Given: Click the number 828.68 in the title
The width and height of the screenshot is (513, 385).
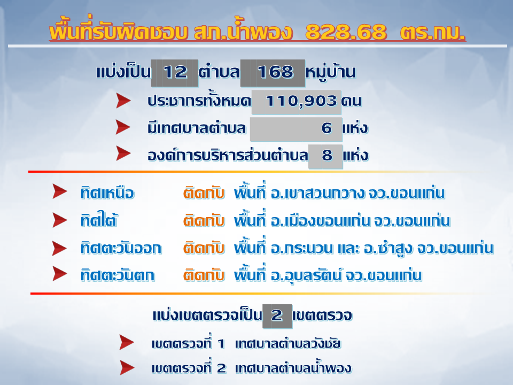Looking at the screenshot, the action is (346, 32).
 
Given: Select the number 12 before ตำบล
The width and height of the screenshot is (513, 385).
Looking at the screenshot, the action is (175, 72).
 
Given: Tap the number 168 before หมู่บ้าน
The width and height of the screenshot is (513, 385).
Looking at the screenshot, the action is (275, 72).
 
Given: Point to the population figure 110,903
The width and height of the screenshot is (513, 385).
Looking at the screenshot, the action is (301, 101).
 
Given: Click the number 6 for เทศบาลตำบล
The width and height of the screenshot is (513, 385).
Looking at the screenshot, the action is (327, 128).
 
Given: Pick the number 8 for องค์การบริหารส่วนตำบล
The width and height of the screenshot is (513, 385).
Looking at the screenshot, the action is (327, 155).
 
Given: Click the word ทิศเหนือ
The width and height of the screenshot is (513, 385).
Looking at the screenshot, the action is (107, 193).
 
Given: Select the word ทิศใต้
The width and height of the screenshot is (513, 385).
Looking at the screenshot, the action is (99, 220).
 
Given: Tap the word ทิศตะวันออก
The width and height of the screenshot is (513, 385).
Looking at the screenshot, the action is (121, 248).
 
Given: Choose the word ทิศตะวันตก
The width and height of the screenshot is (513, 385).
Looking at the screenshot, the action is (118, 275).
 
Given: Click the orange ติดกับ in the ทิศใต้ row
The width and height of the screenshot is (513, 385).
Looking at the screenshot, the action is (204, 220).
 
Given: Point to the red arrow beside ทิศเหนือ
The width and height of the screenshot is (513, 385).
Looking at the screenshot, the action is (60, 191).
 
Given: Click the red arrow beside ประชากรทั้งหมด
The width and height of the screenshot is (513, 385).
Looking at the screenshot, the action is (123, 101).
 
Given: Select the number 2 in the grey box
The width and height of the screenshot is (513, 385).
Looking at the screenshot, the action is (277, 315).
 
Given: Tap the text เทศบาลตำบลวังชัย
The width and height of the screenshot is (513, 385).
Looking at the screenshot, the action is (288, 344).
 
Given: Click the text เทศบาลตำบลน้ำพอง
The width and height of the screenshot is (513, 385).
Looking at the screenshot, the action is (293, 368).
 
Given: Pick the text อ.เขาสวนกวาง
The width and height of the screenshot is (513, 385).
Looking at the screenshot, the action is (317, 193).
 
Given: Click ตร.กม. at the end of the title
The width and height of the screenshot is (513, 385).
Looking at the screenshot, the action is (432, 32).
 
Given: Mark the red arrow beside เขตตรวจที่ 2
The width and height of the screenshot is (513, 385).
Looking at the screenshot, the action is (127, 368).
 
